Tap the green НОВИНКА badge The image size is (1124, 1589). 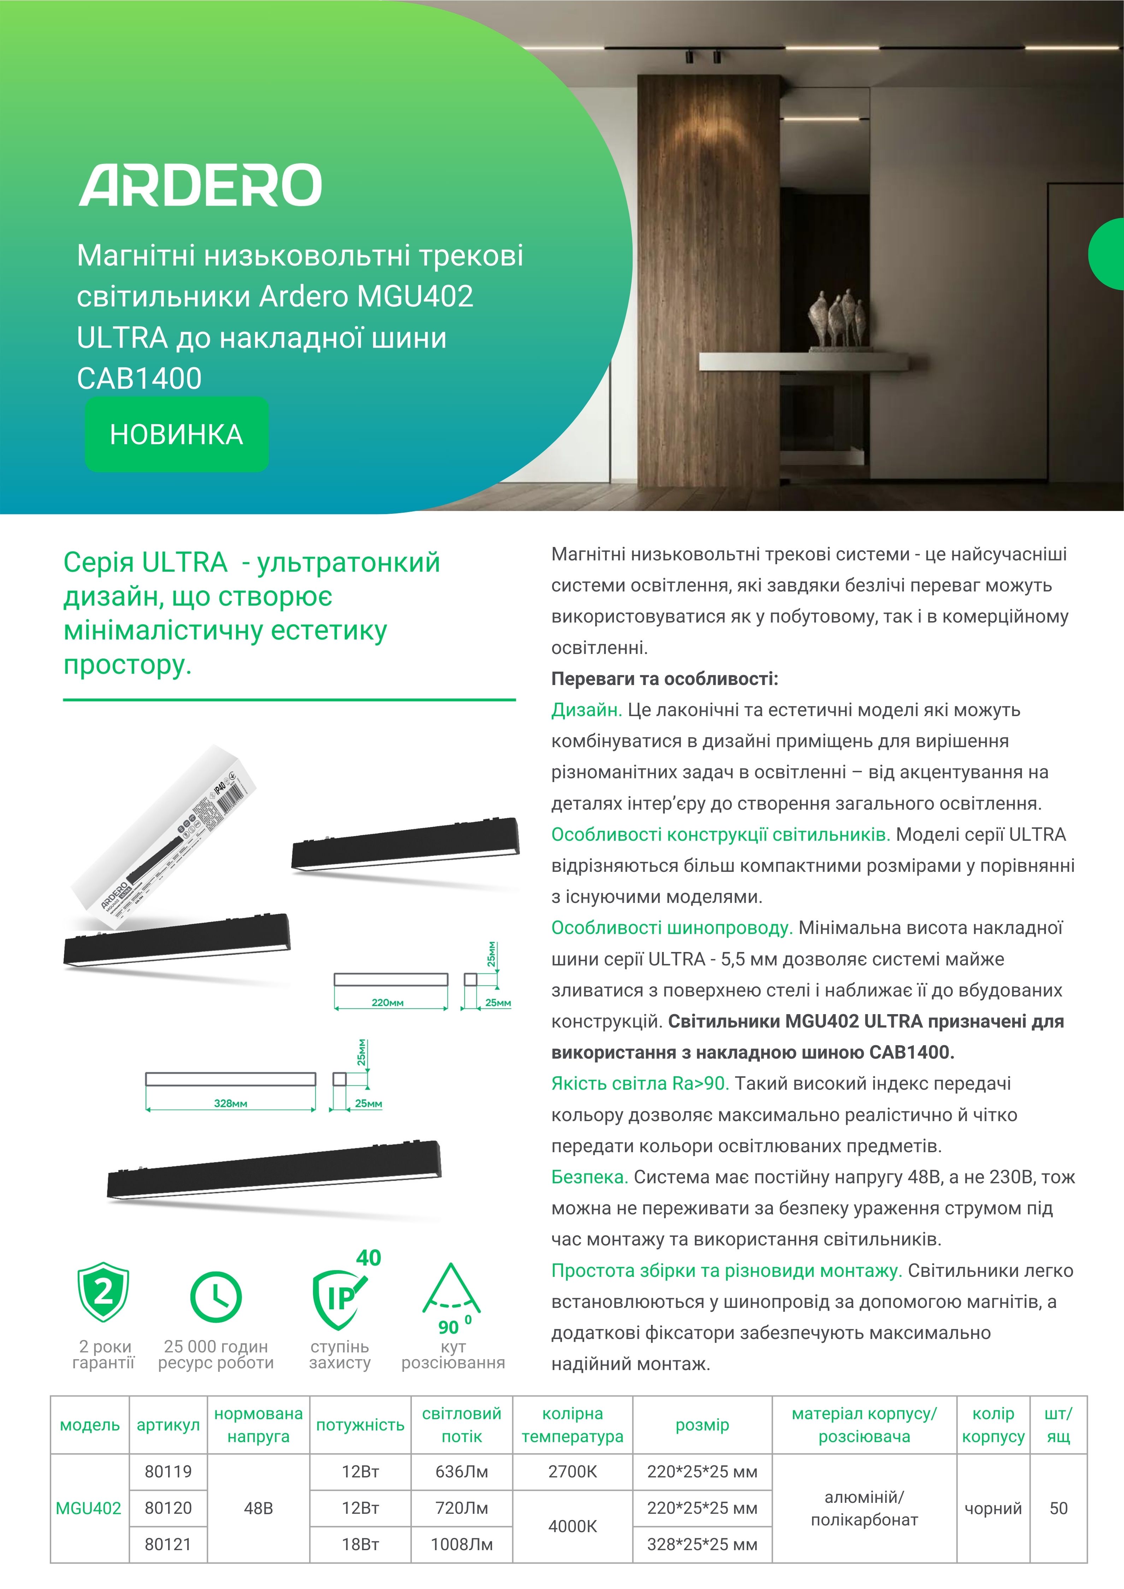177,435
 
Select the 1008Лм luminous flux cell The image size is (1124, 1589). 462,1544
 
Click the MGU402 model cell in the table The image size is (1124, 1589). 89,1508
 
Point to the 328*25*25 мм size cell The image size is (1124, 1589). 702,1544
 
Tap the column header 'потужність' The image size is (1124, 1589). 360,1424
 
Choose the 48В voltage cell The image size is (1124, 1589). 258,1508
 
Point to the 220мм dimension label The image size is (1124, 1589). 388,1002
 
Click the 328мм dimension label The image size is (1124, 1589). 230,1103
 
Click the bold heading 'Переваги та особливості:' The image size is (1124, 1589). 664,679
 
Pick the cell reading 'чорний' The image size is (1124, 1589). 993,1508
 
